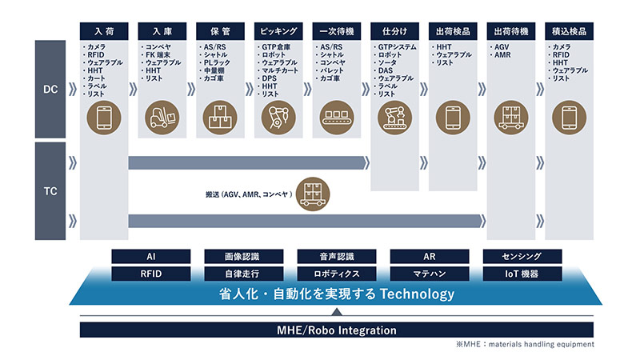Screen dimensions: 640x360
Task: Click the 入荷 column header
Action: click(x=104, y=31)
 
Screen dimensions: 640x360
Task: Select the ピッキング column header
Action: click(x=278, y=31)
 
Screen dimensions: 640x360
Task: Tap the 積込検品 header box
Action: click(x=569, y=31)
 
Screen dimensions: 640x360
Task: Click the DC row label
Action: click(x=50, y=89)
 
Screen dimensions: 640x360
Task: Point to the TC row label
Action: click(x=50, y=191)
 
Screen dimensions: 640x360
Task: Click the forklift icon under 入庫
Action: click(x=162, y=118)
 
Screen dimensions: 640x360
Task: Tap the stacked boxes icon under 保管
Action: click(x=220, y=118)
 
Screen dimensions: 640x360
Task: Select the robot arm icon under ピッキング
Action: click(x=278, y=118)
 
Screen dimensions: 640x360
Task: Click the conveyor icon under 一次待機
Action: click(x=336, y=118)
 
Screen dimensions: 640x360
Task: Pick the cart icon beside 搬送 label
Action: click(x=313, y=194)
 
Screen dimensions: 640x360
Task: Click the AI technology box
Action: click(x=151, y=256)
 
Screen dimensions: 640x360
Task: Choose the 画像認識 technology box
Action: click(x=244, y=256)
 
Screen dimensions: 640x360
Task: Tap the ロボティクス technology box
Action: click(x=337, y=274)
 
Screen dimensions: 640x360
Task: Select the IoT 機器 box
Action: click(x=522, y=274)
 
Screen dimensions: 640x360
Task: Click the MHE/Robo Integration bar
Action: click(x=337, y=330)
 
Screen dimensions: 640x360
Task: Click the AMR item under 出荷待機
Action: click(x=502, y=54)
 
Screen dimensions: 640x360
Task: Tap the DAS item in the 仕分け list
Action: click(x=385, y=70)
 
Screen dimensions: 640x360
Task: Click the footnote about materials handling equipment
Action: click(x=525, y=344)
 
